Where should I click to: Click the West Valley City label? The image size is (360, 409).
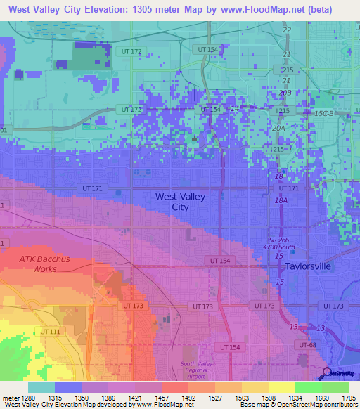click(180, 202)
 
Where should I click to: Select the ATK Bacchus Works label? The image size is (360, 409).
click(44, 264)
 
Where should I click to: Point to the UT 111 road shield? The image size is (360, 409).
click(50, 332)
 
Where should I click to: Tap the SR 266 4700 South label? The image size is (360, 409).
click(279, 243)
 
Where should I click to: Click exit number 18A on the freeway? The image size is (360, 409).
click(281, 201)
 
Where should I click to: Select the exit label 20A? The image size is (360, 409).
click(278, 129)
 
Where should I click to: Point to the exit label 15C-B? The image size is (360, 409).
click(325, 112)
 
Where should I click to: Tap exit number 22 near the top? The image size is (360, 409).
click(286, 30)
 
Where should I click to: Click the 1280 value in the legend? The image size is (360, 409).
click(28, 397)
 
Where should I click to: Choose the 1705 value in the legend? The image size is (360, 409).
click(349, 397)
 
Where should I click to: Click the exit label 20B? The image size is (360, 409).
click(284, 93)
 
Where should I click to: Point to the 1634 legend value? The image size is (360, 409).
click(295, 397)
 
